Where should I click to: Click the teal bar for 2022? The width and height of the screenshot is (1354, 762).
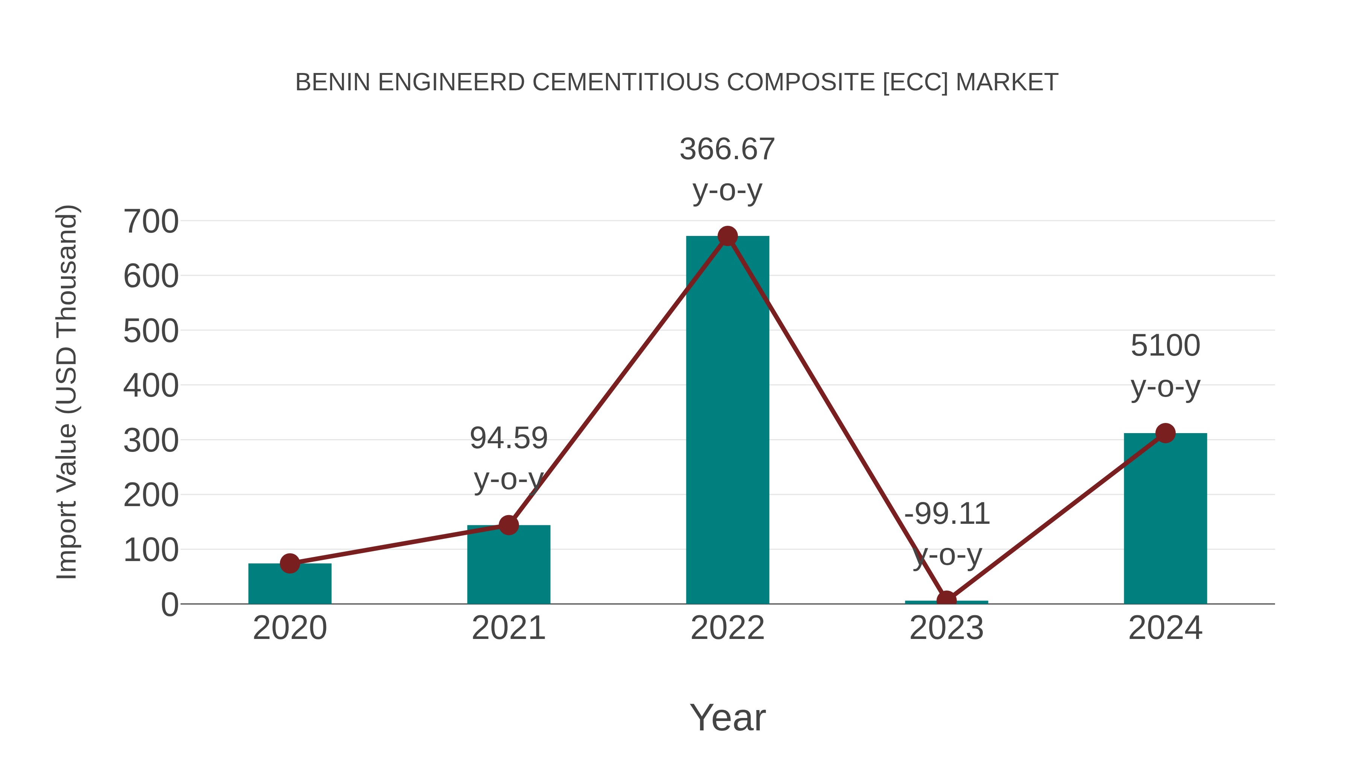point(727,421)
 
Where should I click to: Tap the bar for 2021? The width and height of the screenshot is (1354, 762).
point(508,565)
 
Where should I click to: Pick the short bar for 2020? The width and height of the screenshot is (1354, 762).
point(290,584)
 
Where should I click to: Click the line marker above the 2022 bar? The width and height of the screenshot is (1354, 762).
point(727,236)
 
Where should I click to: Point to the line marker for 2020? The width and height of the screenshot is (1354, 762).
point(290,563)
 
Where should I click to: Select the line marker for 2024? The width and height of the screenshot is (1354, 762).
point(1165,433)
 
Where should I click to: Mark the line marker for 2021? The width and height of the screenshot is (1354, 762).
point(508,525)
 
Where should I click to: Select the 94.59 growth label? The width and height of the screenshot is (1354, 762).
point(508,438)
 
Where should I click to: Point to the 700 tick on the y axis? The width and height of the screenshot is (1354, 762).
point(151,221)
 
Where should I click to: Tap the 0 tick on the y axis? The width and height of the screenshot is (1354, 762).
point(170,604)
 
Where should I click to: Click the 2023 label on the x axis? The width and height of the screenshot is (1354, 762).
point(946,628)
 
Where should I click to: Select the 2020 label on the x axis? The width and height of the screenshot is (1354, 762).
point(290,628)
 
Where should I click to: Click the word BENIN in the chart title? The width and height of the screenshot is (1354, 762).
point(333,82)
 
